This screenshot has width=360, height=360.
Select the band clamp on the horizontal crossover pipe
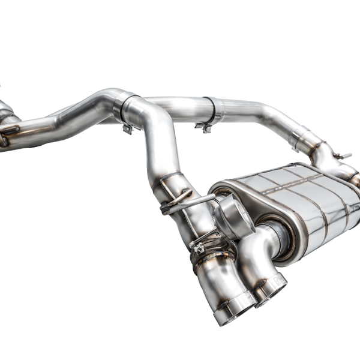210,111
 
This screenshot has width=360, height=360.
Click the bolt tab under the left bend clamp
128,128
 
